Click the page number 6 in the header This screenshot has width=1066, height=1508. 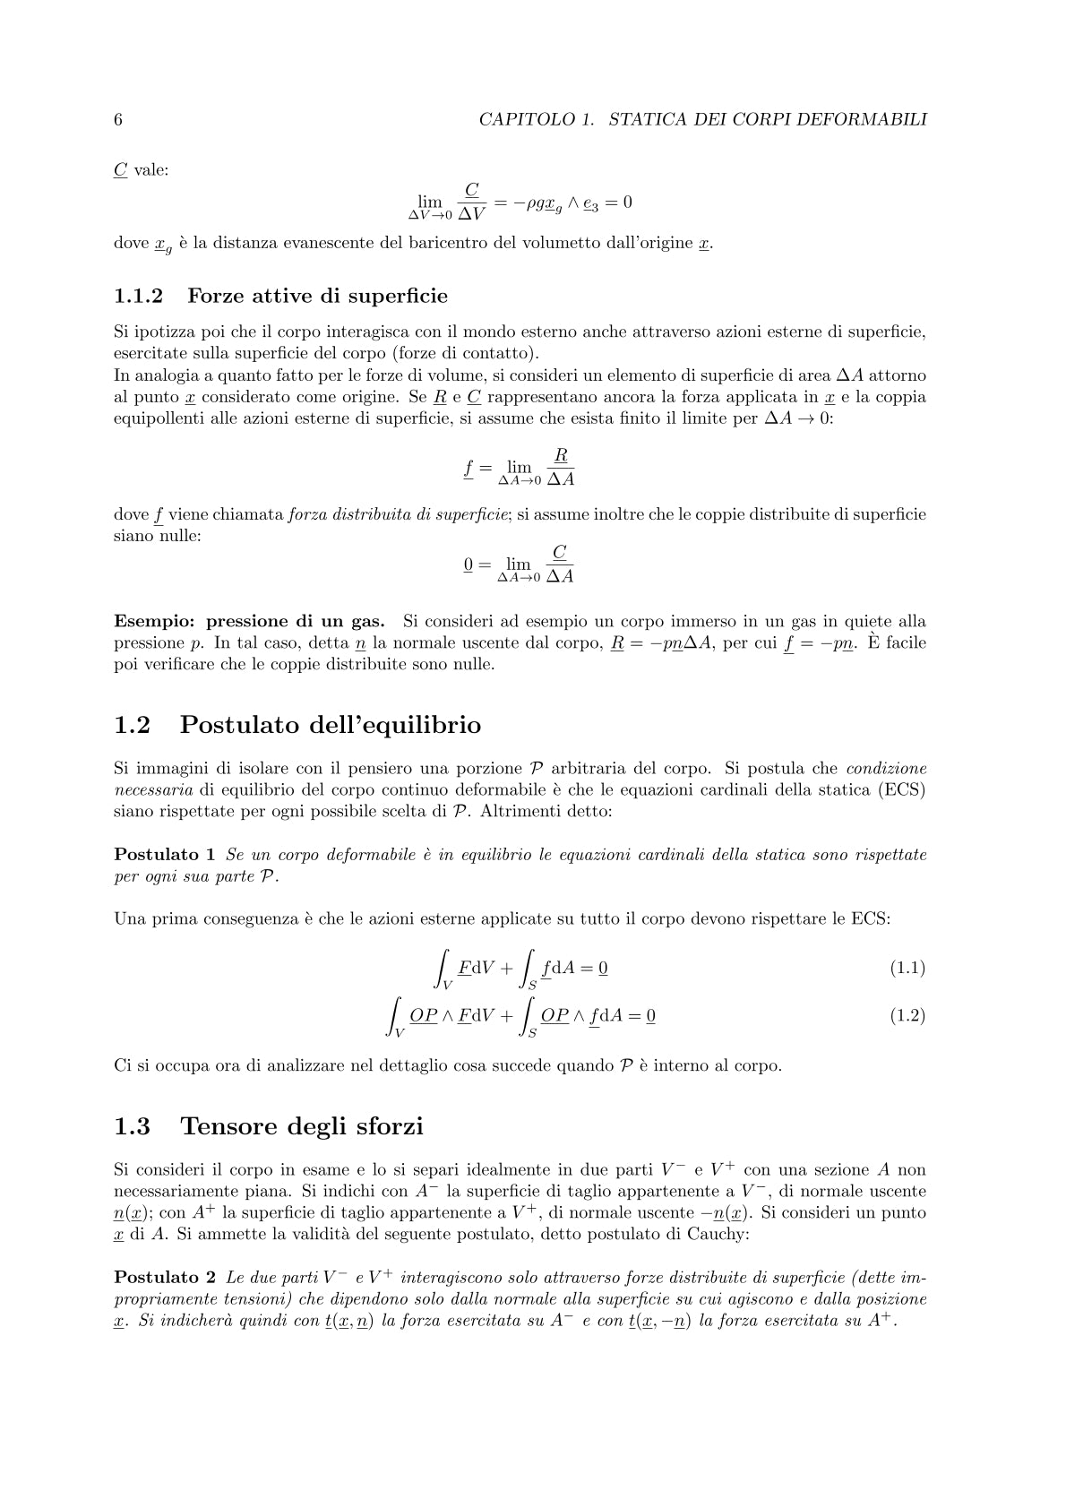point(118,119)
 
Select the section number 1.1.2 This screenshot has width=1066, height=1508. point(139,296)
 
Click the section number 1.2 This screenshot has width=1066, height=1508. point(133,725)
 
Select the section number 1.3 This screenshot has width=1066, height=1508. point(133,1126)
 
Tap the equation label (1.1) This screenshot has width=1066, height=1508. point(907,968)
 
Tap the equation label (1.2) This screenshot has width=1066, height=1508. point(907,1015)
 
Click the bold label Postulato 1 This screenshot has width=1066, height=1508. point(165,855)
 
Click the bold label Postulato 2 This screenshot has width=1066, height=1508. point(165,1277)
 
